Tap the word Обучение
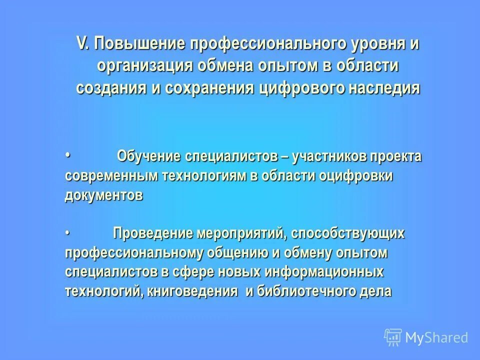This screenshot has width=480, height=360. (148, 156)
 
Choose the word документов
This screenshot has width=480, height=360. (103, 195)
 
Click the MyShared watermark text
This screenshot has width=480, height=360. (436, 337)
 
